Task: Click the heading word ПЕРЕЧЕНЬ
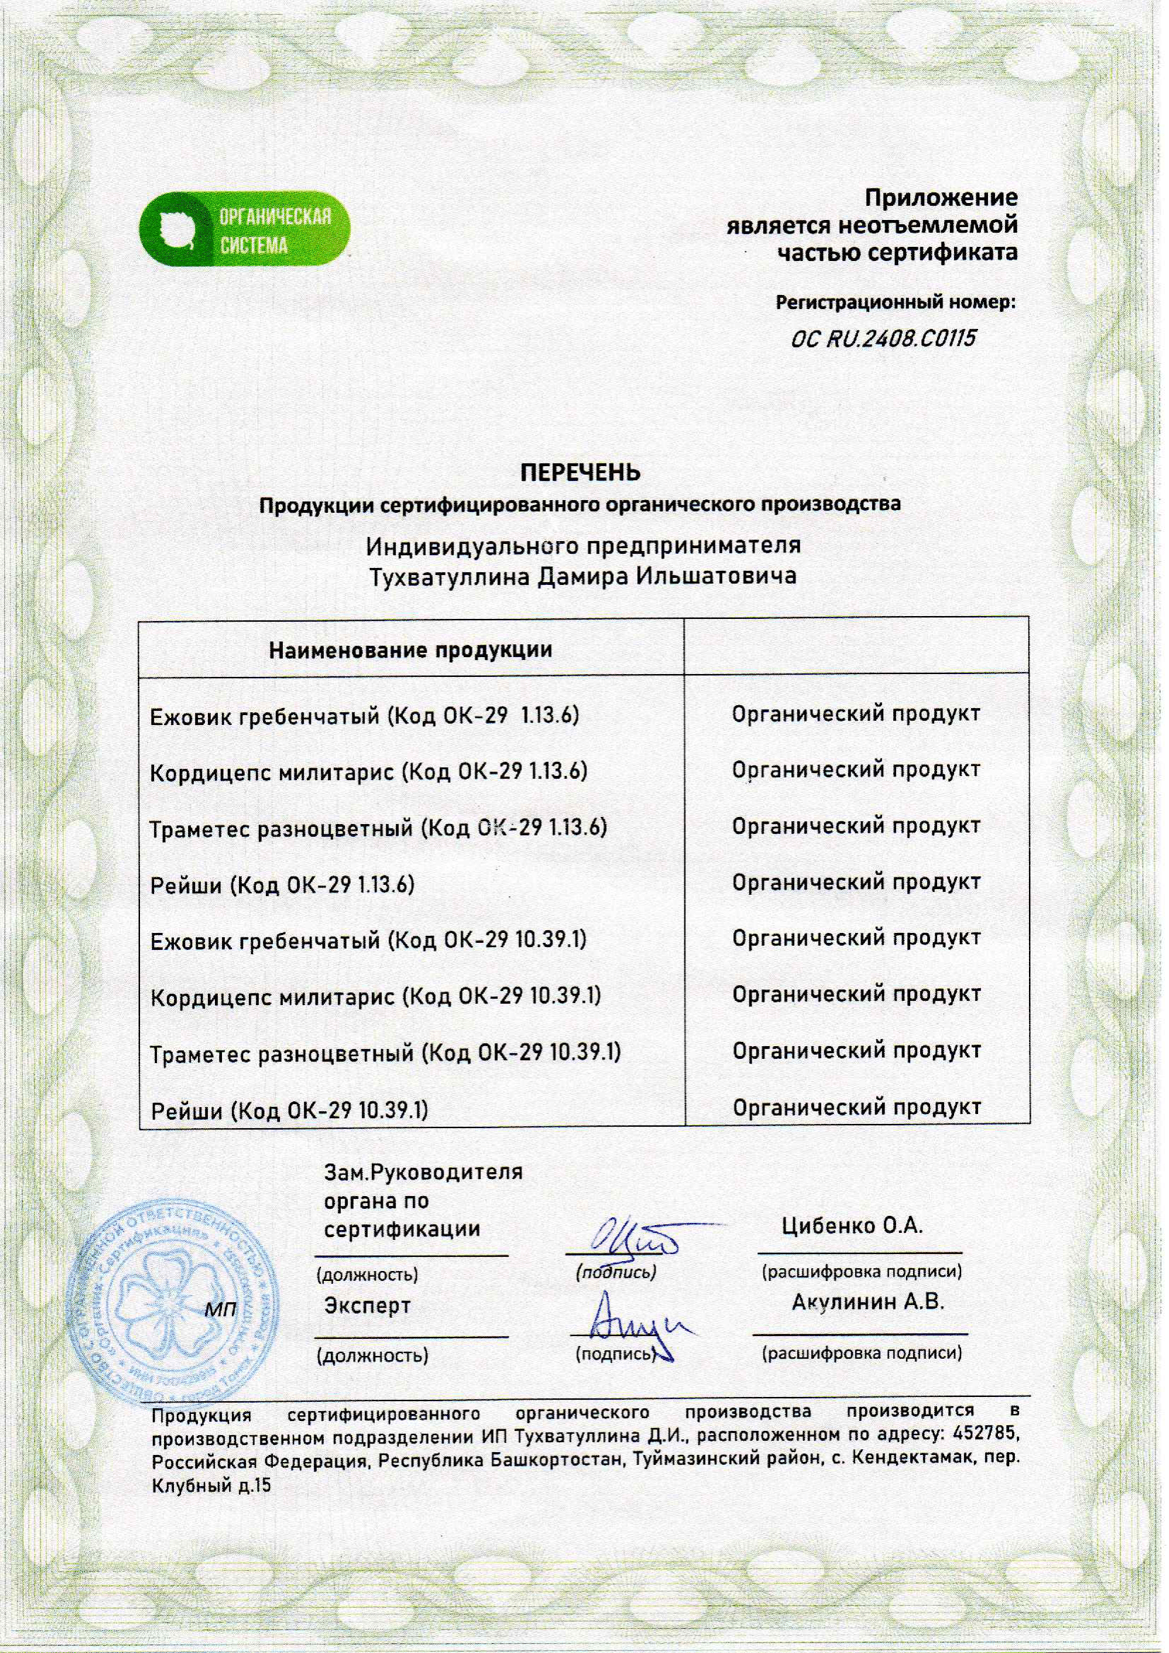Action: tap(580, 473)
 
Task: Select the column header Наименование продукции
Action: tap(410, 651)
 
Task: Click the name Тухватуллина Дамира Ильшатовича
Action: tap(582, 576)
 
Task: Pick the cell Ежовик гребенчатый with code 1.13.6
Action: tap(365, 716)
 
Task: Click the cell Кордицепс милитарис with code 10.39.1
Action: tap(376, 997)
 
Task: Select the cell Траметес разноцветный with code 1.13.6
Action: tap(378, 828)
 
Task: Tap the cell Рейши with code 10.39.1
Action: tap(289, 1110)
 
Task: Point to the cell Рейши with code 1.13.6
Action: tap(282, 885)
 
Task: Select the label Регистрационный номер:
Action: tap(895, 303)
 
